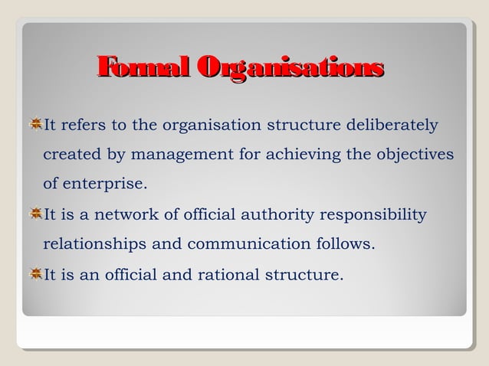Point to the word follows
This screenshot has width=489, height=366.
coord(344,245)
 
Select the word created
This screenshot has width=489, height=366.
coord(71,154)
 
